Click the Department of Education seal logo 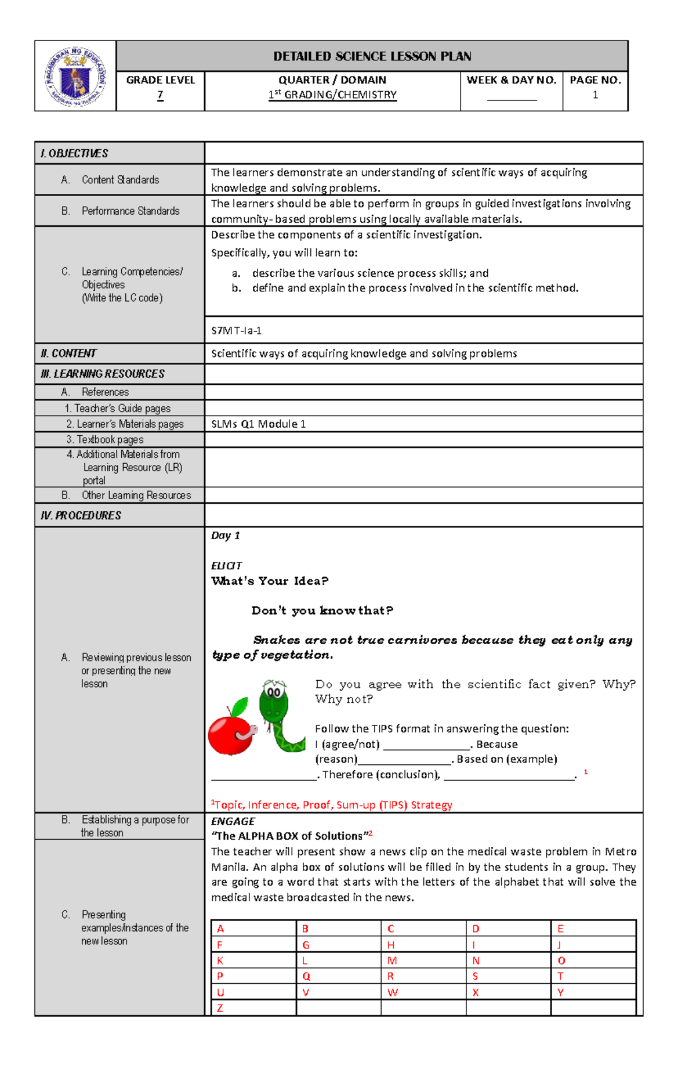point(75,77)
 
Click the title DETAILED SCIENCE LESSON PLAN point(372,56)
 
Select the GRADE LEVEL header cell point(160,80)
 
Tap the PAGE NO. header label point(595,80)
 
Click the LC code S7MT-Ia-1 point(236,331)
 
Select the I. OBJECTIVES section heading point(74,153)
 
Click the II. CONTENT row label point(68,353)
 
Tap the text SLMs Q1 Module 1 point(258,424)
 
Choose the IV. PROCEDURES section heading point(81,515)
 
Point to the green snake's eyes point(274,692)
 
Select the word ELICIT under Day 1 point(226,566)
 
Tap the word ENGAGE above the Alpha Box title point(233,821)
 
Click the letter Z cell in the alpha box point(220,1008)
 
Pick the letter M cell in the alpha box point(392,961)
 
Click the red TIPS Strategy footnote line point(331,805)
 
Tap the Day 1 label point(225,536)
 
